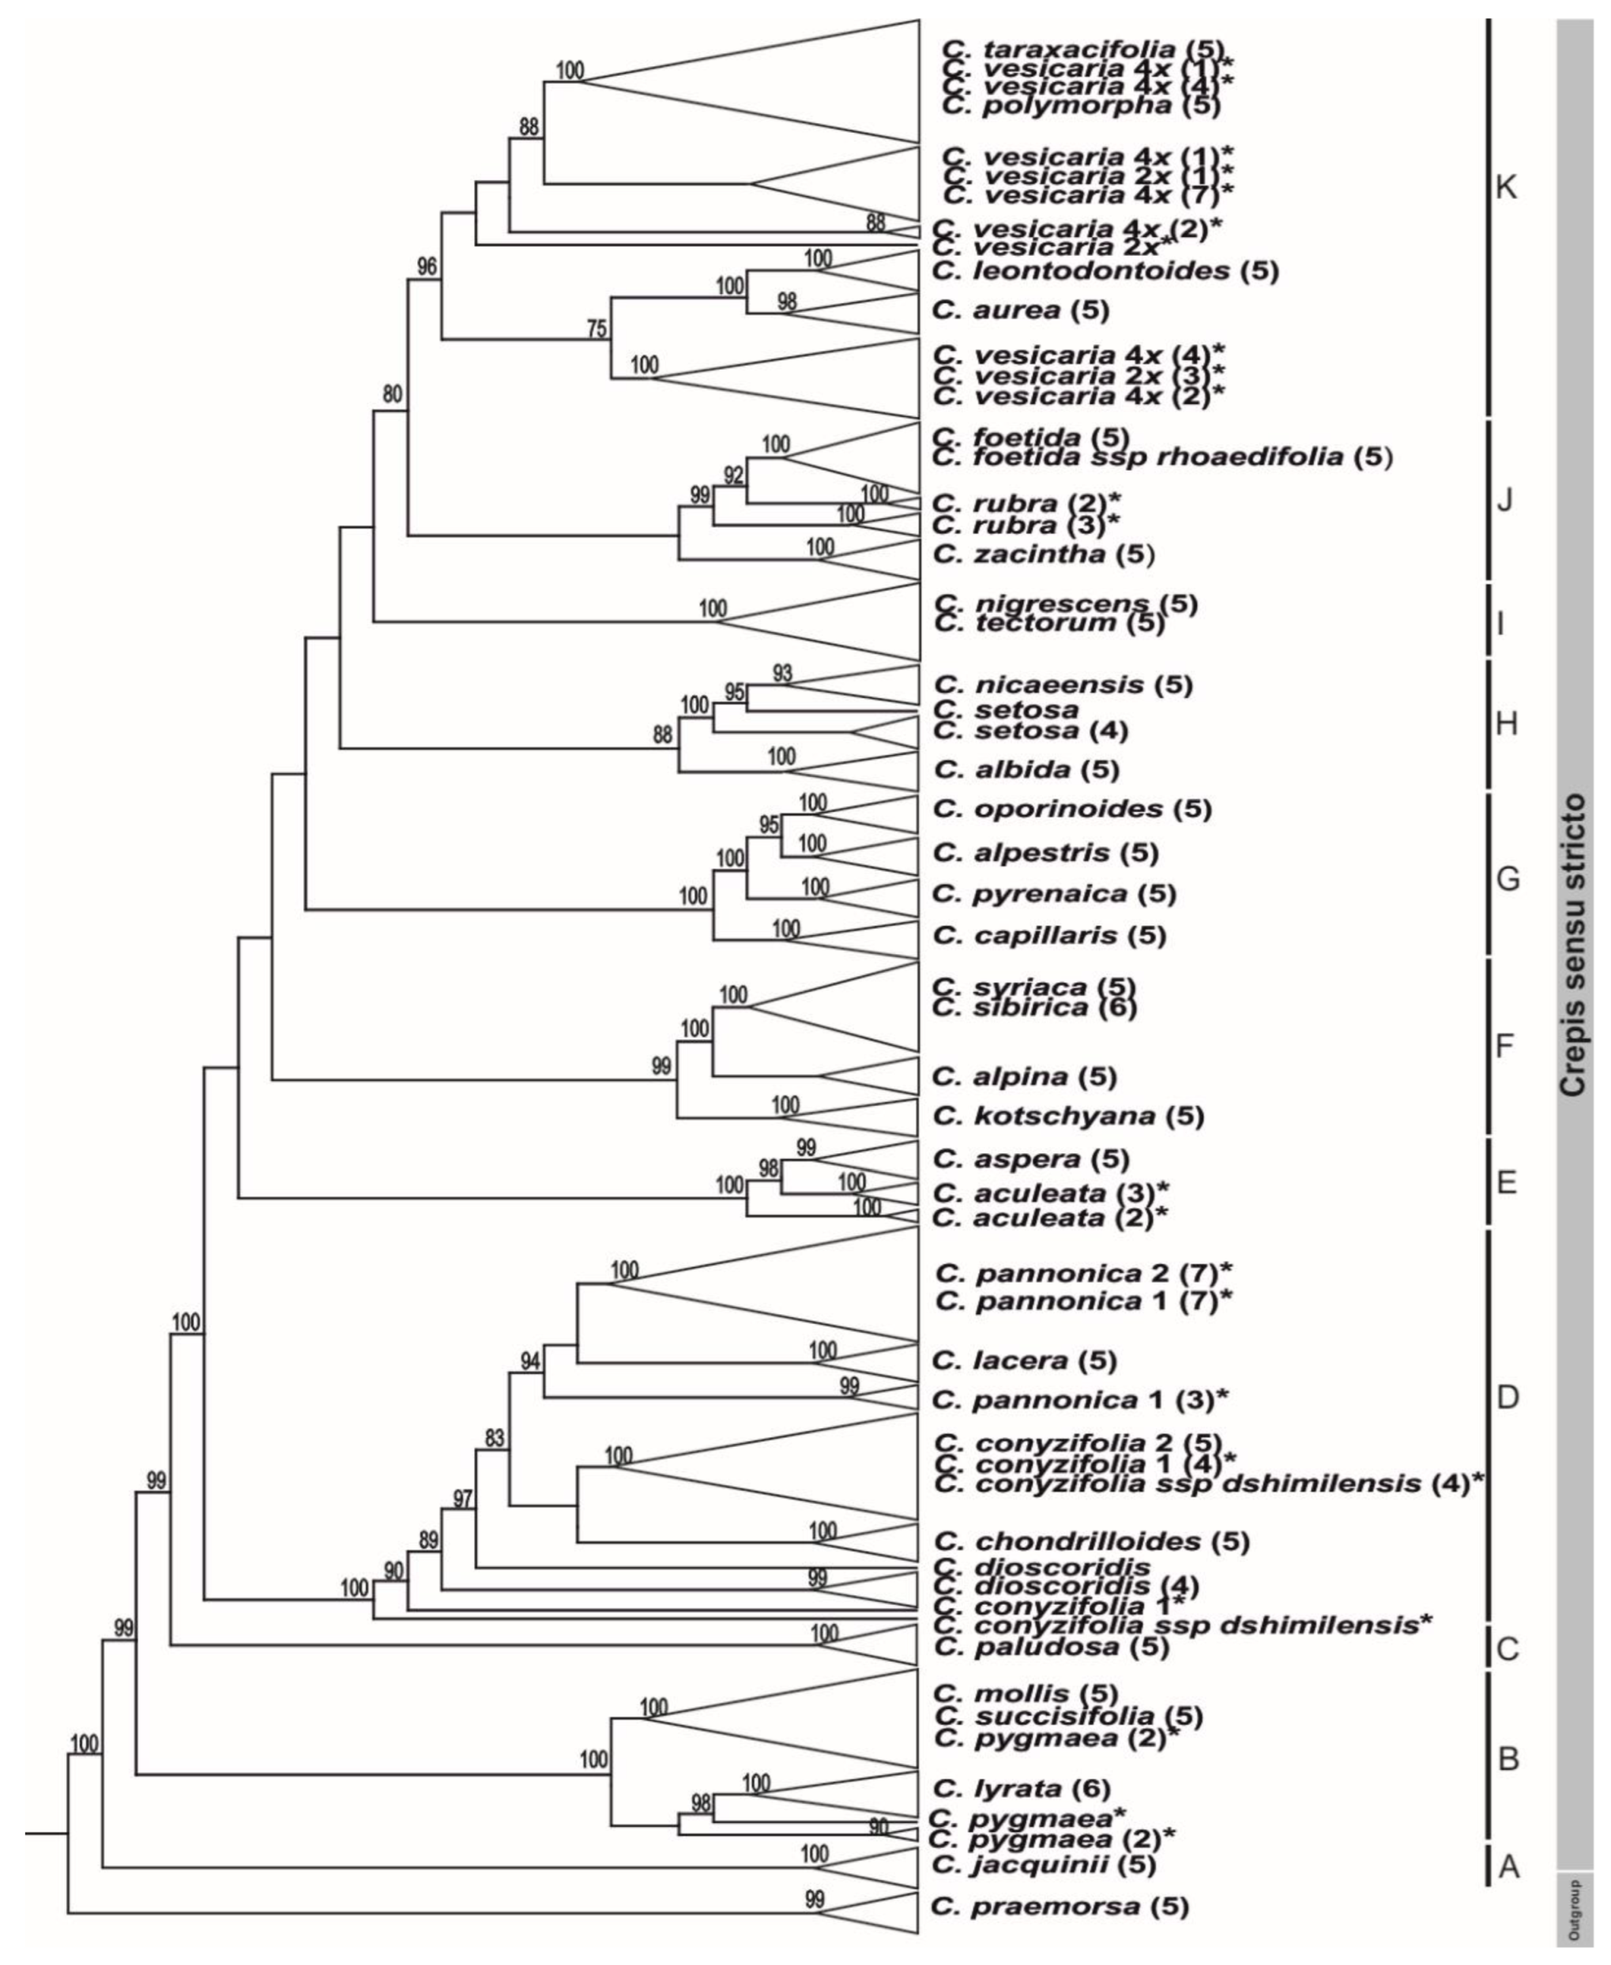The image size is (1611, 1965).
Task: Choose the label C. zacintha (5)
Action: coord(1043,554)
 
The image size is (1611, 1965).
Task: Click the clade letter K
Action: coord(1506,188)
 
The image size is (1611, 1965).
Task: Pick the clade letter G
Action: coord(1507,877)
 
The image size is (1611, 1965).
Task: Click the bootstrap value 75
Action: coord(596,329)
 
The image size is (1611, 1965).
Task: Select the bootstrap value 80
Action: coord(393,394)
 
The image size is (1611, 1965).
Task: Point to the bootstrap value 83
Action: coord(495,1439)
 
